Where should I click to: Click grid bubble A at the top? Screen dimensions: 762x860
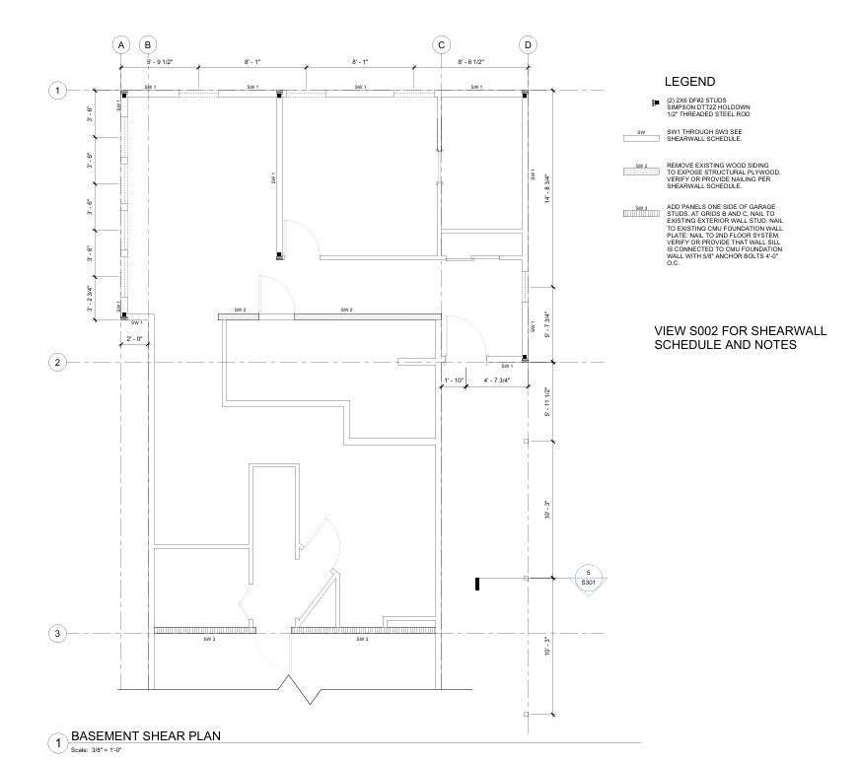pyautogui.click(x=120, y=45)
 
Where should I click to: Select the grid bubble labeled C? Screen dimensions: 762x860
pyautogui.click(x=441, y=45)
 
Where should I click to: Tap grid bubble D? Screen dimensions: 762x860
pyautogui.click(x=528, y=45)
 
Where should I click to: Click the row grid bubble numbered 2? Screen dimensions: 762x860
pyautogui.click(x=58, y=362)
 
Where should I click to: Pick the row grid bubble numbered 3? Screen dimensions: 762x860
pyautogui.click(x=58, y=633)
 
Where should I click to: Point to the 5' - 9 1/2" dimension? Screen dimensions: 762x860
pyautogui.click(x=159, y=61)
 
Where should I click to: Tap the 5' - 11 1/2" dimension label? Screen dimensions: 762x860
pyautogui.click(x=545, y=401)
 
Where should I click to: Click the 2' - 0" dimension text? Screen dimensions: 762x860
pyautogui.click(x=135, y=339)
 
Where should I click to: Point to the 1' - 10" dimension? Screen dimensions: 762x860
pyautogui.click(x=453, y=380)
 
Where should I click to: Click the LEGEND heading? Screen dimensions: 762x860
pyautogui.click(x=689, y=82)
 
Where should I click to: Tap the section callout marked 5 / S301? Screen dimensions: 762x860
pyautogui.click(x=588, y=578)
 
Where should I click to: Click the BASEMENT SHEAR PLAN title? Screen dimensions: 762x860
pyautogui.click(x=146, y=735)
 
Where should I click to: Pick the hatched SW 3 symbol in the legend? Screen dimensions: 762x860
pyautogui.click(x=641, y=212)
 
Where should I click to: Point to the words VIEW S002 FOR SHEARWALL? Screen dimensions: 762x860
pyautogui.click(x=739, y=330)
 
